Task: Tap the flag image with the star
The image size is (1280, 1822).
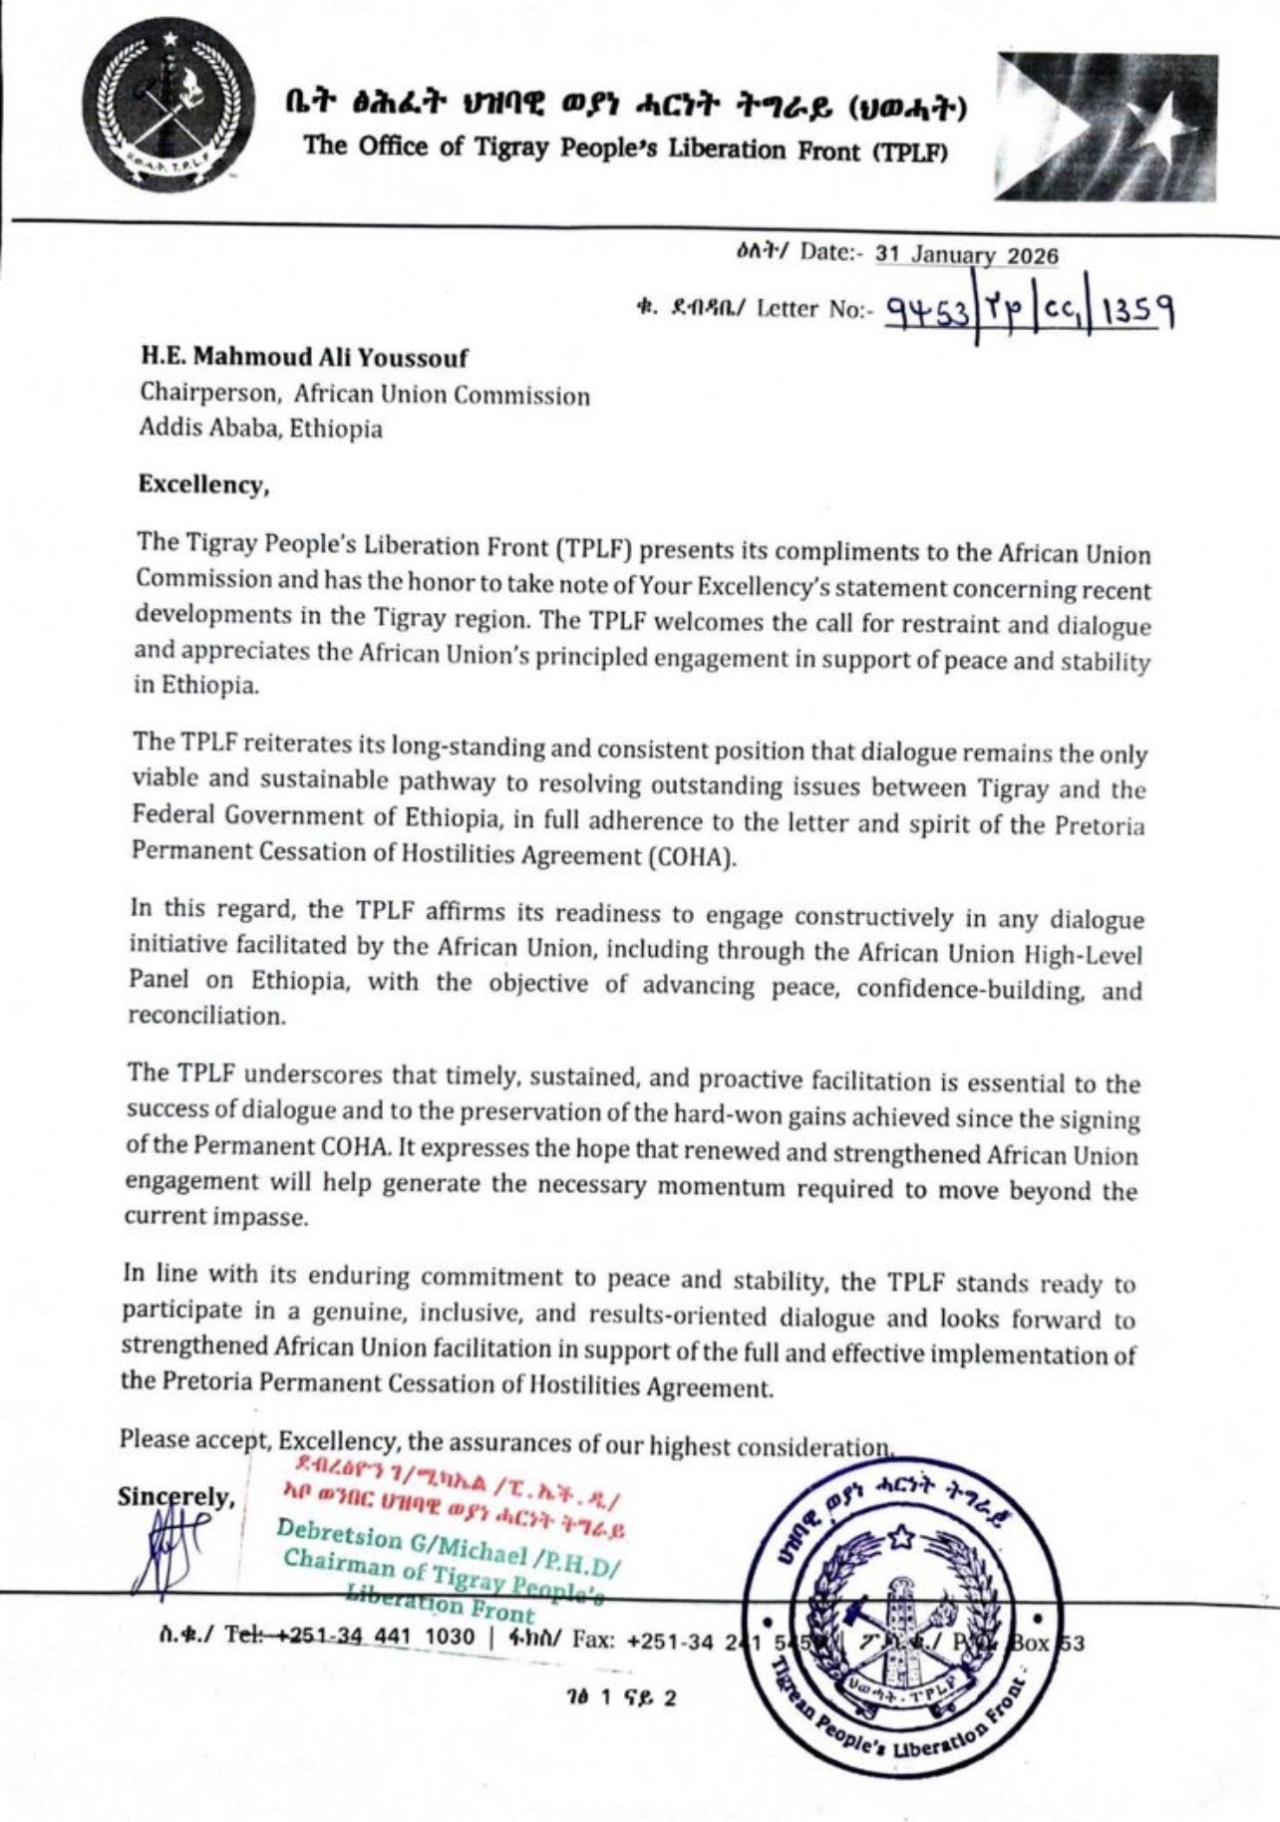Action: pos(1106,127)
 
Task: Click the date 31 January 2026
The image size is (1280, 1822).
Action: pos(966,255)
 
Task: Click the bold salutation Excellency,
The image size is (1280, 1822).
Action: pos(203,485)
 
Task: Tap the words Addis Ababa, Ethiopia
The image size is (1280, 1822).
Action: pos(260,430)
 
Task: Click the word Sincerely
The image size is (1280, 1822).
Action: pos(175,1497)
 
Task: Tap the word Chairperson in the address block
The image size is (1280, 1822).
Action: pos(208,393)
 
